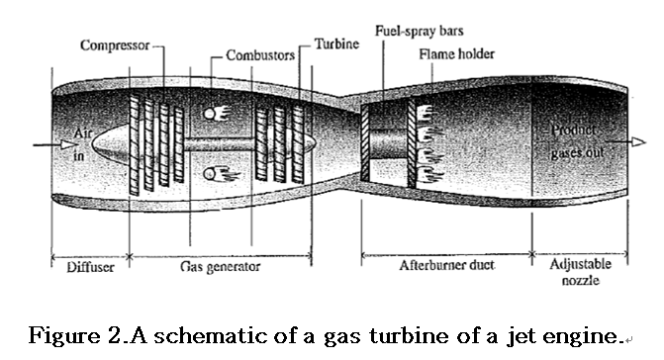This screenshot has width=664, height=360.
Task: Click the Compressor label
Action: point(115,45)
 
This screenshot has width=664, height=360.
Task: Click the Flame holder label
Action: point(456,54)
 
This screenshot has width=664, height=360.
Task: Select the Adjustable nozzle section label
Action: point(579,272)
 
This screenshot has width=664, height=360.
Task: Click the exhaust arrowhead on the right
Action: point(624,143)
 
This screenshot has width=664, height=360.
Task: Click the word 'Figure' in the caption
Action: point(72,335)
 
